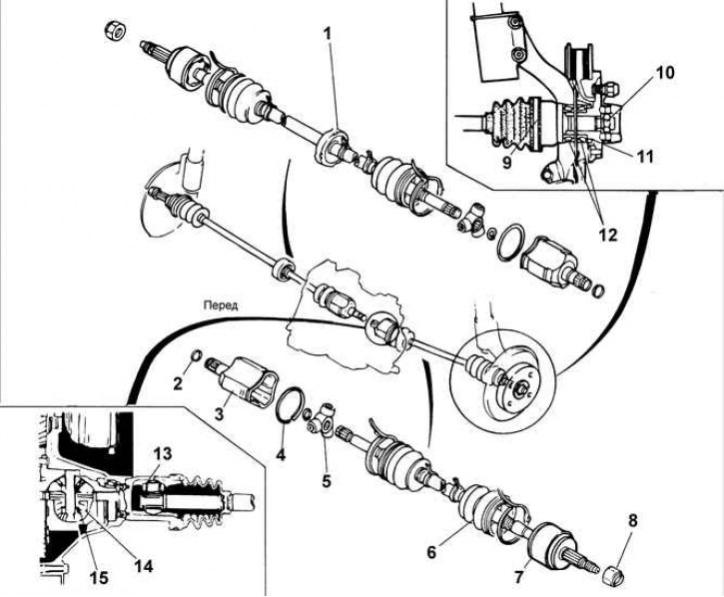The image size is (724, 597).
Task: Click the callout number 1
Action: pos(328,35)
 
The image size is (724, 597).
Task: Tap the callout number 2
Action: pos(179,382)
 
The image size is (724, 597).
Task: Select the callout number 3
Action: pos(219,412)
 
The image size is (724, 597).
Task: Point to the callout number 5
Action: pos(327,480)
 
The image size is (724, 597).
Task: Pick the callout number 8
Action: pos(632,521)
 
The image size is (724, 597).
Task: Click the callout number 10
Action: pos(664,73)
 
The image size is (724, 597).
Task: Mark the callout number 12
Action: pos(607,235)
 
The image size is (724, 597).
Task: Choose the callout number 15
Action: pos(100,578)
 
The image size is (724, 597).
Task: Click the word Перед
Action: pos(221,305)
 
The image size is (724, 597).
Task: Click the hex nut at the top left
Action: pos(116,32)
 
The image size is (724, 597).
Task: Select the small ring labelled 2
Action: pos(196,355)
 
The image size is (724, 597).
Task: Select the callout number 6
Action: pos(431,552)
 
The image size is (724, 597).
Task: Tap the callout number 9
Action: pos(507,163)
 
